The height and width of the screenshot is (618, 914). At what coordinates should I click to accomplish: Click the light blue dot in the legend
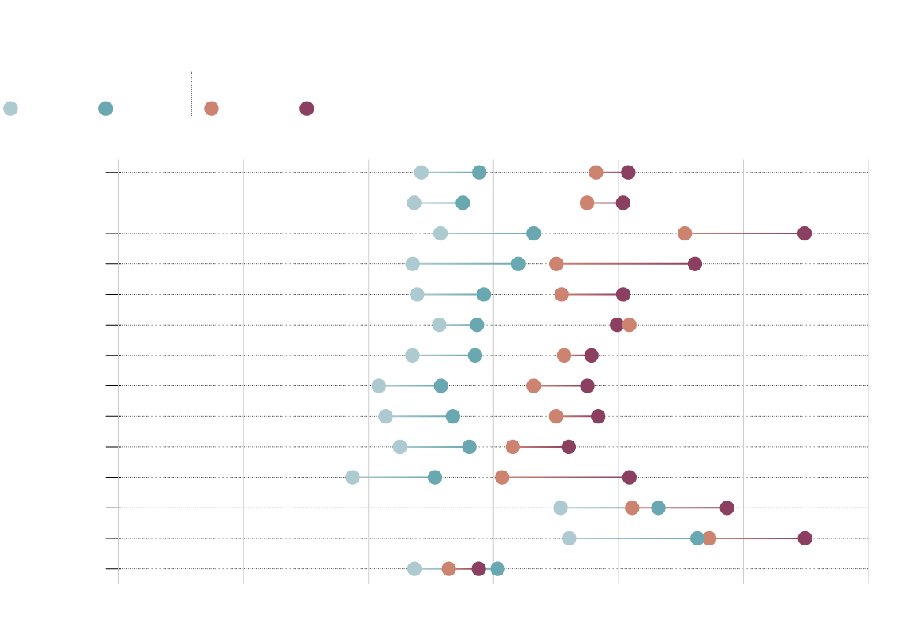10,108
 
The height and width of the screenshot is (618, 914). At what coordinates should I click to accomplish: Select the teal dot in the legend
106,108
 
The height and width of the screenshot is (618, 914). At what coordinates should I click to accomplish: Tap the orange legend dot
211,108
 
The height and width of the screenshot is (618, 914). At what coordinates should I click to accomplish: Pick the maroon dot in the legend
307,108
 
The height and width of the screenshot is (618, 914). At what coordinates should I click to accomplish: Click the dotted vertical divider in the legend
191,95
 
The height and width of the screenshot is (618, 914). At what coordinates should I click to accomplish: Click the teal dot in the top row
479,173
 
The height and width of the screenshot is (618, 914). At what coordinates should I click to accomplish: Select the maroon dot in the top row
628,173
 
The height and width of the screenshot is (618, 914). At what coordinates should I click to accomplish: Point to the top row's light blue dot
422,173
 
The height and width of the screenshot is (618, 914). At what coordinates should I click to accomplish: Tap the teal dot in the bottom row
497,568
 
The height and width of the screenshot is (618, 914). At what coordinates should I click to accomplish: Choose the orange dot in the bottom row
448,568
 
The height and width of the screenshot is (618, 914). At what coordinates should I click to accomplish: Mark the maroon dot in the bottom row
478,568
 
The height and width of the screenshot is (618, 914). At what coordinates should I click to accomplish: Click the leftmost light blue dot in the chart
352,477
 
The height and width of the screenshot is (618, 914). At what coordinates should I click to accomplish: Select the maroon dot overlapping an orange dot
616,325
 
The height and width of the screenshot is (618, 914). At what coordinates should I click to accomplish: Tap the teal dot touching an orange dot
697,538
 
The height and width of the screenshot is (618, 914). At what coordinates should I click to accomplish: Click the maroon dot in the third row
804,233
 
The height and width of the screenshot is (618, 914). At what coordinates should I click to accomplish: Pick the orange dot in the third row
685,233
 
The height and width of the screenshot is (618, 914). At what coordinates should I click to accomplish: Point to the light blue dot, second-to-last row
569,538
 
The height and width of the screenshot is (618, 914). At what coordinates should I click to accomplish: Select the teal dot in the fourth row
518,263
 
